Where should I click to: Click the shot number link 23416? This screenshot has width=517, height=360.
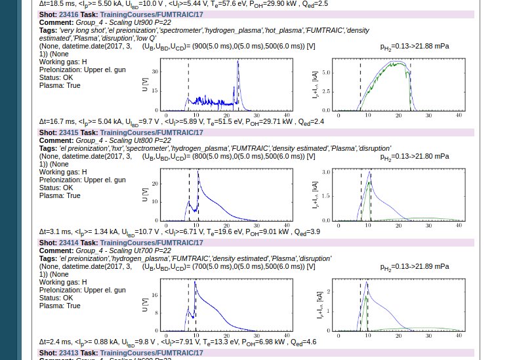tap(69, 14)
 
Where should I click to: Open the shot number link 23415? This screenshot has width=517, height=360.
tap(69, 132)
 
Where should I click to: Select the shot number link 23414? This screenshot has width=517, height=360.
tap(69, 243)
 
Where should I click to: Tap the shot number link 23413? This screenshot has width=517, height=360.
tap(69, 353)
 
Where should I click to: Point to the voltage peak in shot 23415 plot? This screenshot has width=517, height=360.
tap(198, 172)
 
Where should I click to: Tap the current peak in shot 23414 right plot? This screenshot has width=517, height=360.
tap(366, 283)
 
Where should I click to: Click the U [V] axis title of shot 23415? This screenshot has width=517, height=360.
tap(145, 194)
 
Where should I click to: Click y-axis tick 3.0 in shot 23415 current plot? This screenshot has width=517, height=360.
tap(327, 172)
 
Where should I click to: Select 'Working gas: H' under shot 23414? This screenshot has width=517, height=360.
tap(63, 282)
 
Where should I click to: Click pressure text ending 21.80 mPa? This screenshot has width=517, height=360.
tap(415, 157)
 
